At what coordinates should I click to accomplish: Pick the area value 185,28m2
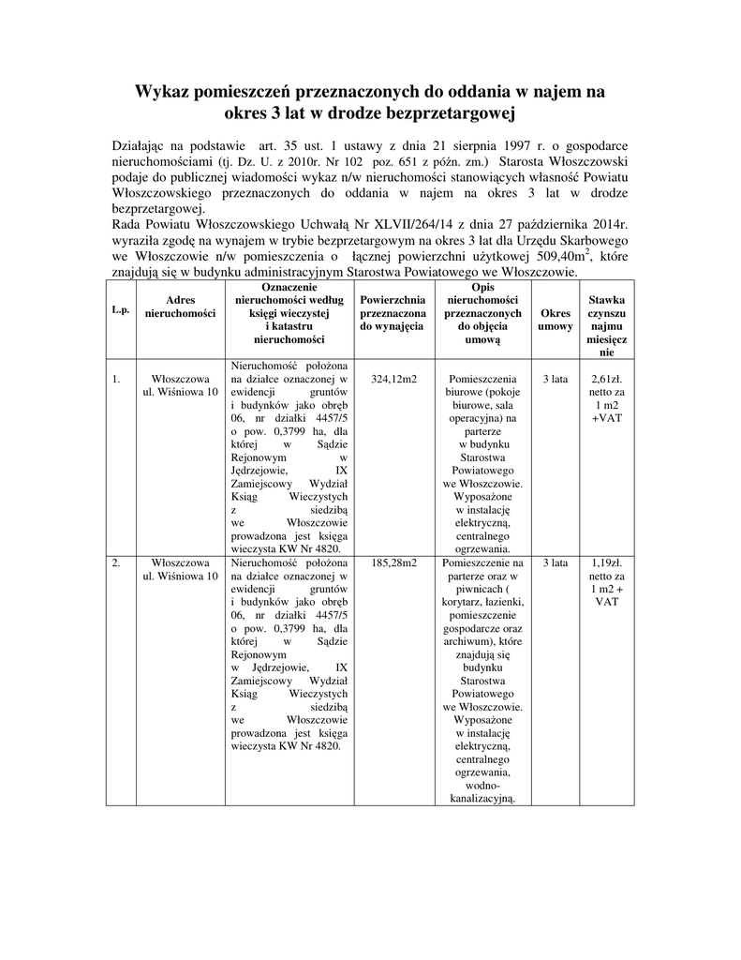[x=393, y=563]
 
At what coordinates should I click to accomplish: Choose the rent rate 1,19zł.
[x=606, y=563]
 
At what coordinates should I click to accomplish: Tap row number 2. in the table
[x=116, y=563]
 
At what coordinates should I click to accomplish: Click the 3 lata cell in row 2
[x=555, y=563]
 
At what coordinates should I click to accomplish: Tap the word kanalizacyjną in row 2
[x=483, y=799]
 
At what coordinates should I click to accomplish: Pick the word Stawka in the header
[x=606, y=299]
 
